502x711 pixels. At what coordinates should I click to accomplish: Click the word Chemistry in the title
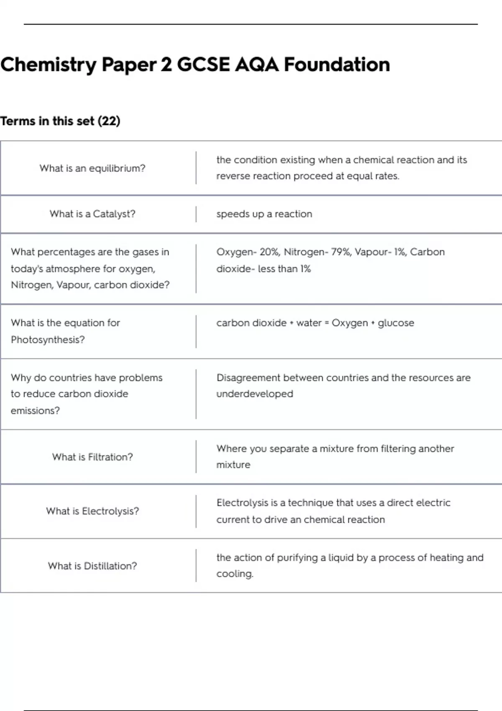(49, 65)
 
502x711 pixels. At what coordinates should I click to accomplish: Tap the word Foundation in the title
(337, 65)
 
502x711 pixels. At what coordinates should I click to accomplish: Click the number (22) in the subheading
(109, 121)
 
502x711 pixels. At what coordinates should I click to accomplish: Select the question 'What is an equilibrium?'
(92, 168)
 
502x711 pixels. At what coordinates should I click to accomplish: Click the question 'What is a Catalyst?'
(92, 214)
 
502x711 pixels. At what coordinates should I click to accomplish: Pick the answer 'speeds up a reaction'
(264, 214)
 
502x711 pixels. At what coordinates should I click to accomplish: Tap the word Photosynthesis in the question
(47, 340)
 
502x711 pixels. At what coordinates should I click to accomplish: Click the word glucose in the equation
(396, 323)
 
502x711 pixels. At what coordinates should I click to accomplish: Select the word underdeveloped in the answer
(255, 394)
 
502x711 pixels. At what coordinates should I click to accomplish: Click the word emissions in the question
(35, 411)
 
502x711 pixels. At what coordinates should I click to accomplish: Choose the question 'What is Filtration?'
(92, 457)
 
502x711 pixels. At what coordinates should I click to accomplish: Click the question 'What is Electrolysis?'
(92, 511)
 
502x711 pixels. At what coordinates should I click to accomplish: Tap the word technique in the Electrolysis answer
(310, 503)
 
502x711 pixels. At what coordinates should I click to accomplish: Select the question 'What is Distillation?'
(92, 566)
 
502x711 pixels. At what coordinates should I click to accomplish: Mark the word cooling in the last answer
(235, 574)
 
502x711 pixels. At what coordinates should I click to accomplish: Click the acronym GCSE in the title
(203, 65)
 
